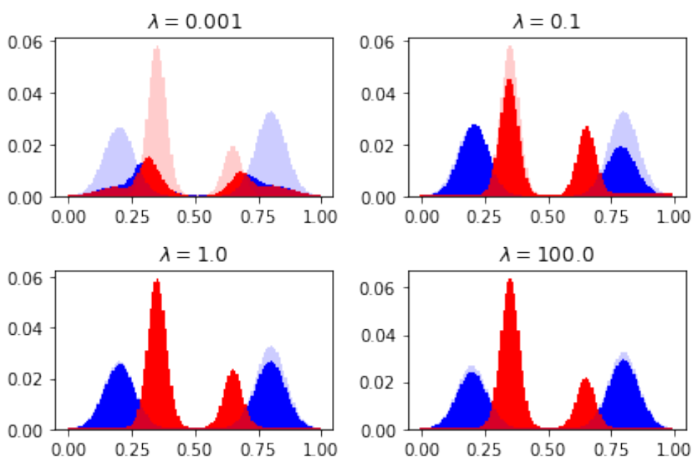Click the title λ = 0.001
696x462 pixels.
pyautogui.click(x=194, y=21)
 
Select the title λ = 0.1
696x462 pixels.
pyautogui.click(x=546, y=21)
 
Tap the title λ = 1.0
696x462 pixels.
pyautogui.click(x=194, y=255)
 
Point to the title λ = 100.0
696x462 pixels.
pyautogui.click(x=546, y=255)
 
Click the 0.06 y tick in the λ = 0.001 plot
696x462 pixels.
pyautogui.click(x=24, y=41)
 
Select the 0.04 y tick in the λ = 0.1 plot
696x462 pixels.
pyautogui.click(x=377, y=93)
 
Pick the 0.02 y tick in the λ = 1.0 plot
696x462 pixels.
pyautogui.click(x=24, y=379)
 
